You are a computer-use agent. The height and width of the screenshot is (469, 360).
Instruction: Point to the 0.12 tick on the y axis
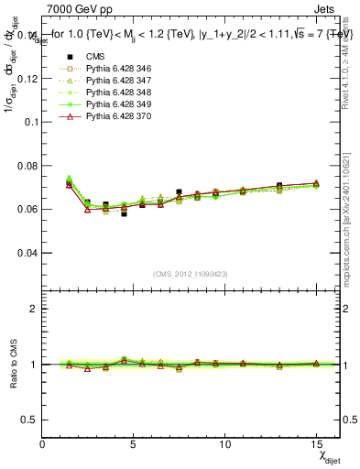27,78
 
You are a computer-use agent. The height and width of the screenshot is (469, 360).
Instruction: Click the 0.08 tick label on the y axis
27,165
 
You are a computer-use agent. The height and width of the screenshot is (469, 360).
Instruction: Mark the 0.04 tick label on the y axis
27,252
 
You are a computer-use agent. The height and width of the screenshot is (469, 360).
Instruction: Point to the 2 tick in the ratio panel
34,309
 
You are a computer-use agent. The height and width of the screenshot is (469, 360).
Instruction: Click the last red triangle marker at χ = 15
315,183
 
